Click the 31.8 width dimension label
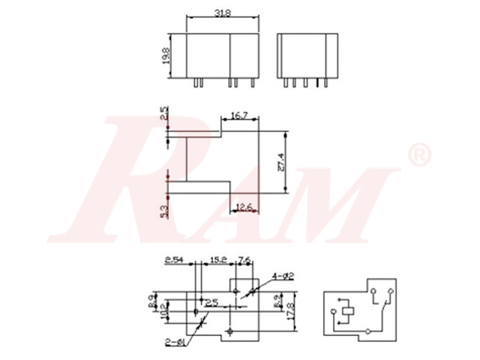223,13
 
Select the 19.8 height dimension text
166,55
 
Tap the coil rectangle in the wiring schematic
349,310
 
